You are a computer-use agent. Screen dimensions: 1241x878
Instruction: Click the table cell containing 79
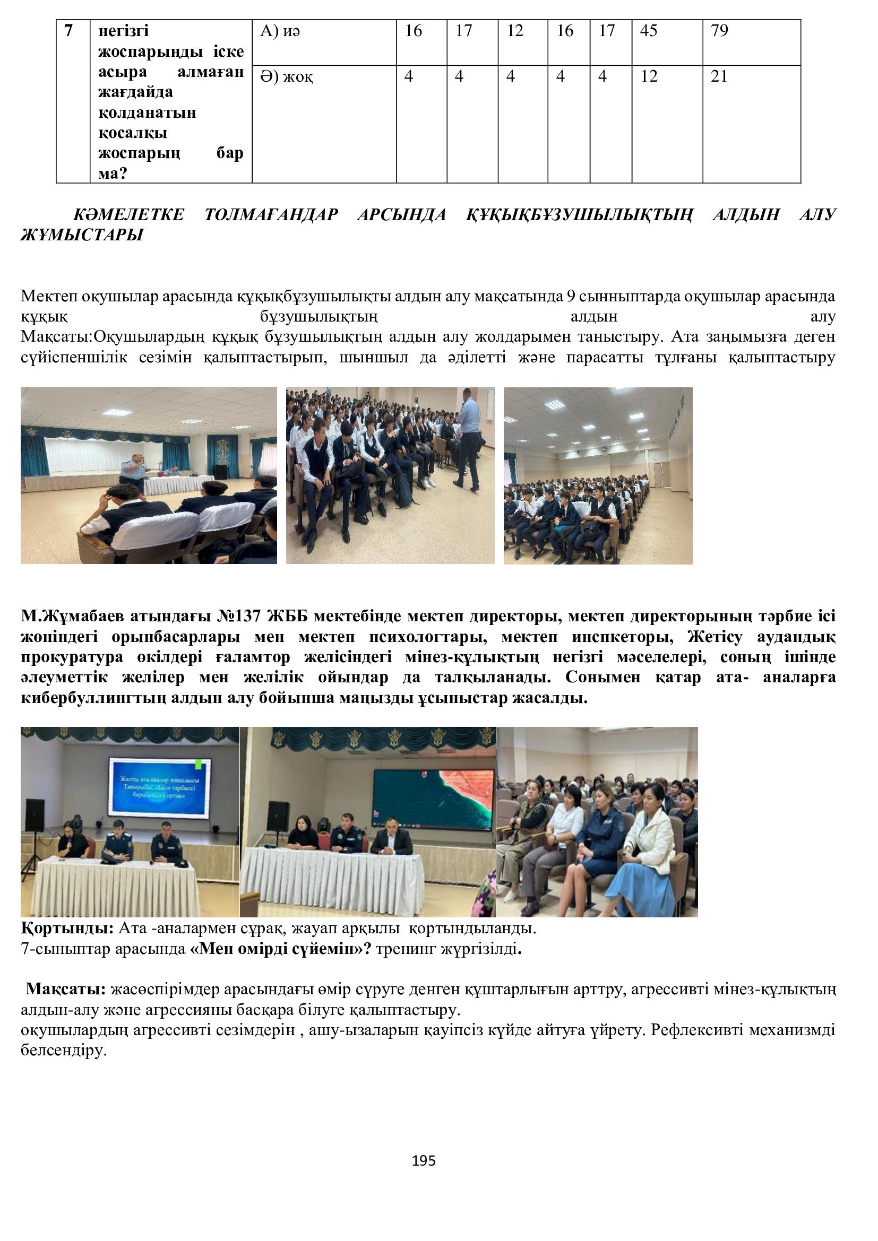pos(720,31)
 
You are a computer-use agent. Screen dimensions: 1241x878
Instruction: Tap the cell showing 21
pos(719,77)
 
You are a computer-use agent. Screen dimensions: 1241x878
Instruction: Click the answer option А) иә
pos(280,31)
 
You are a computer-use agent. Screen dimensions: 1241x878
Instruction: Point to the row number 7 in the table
pos(68,31)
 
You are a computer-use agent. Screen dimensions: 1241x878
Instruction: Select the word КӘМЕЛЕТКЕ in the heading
pos(128,214)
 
